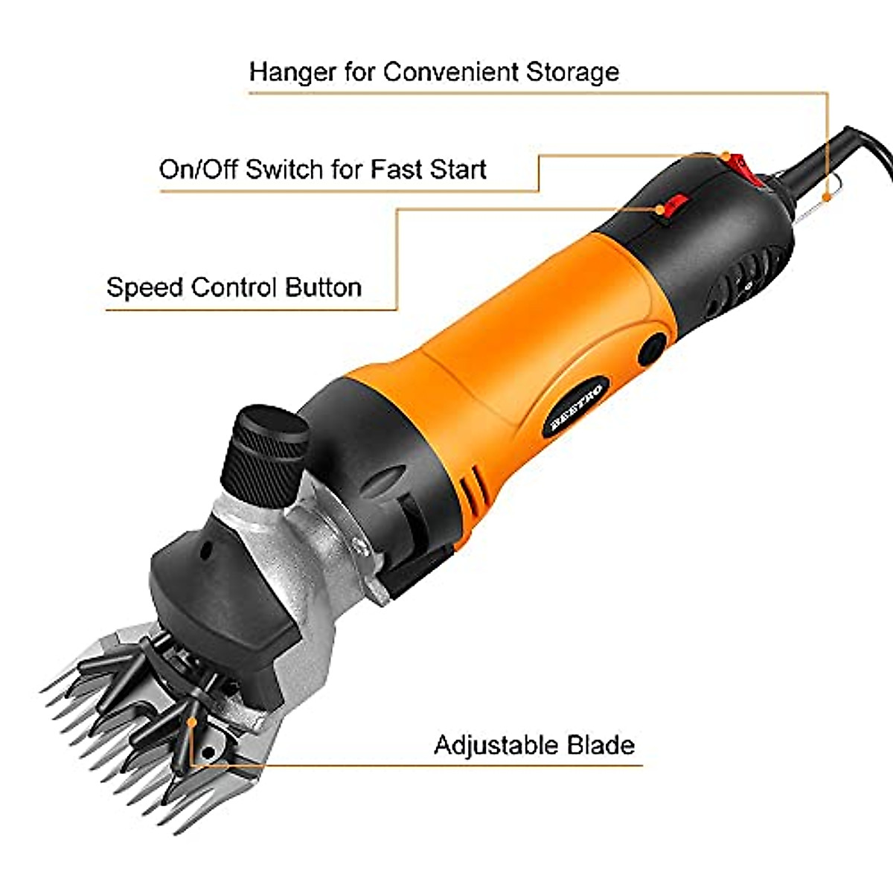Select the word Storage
[572, 72]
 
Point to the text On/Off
[198, 170]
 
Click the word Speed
[144, 288]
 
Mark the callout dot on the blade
[193, 720]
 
